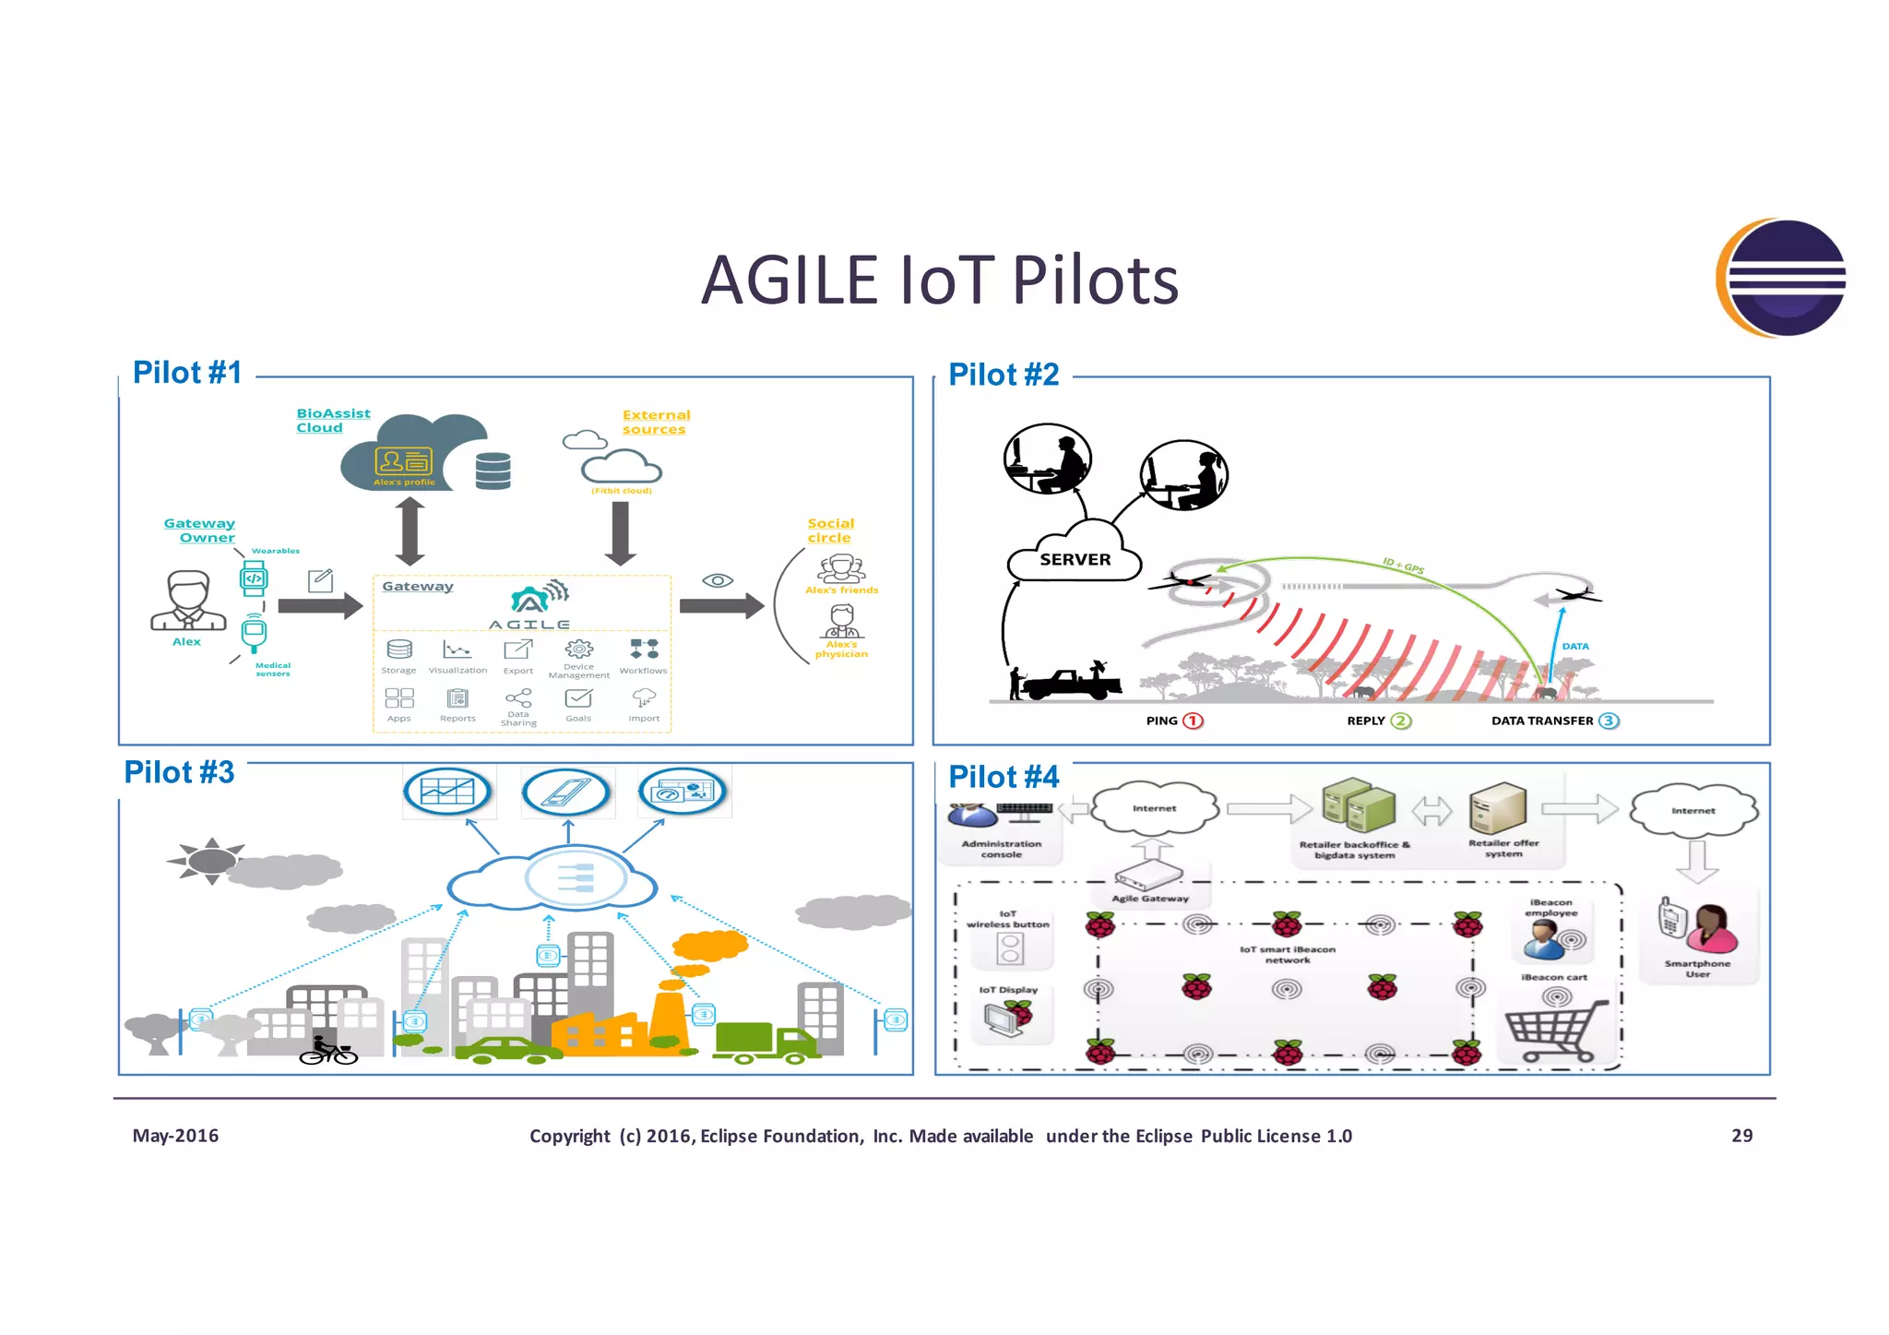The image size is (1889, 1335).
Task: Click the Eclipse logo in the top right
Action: [1782, 278]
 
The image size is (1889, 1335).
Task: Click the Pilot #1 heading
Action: [187, 373]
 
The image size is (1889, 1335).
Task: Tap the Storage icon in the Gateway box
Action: [399, 650]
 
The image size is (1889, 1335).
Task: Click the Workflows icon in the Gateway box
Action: [644, 649]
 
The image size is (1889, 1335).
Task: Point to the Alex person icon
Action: [188, 601]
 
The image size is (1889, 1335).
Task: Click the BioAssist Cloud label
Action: [332, 421]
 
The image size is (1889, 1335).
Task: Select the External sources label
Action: [655, 423]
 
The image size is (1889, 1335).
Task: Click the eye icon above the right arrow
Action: [718, 580]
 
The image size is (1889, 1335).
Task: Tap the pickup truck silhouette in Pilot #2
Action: [1070, 684]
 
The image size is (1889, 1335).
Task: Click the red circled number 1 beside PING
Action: [1193, 721]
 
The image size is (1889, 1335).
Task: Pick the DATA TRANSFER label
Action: [1541, 721]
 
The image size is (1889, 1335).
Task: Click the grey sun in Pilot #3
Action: [210, 861]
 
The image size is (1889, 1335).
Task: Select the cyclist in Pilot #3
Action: [327, 1051]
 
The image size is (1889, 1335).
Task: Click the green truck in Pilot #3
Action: [765, 1042]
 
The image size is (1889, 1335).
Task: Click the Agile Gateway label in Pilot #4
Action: [1150, 898]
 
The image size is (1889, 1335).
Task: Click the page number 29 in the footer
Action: [1741, 1136]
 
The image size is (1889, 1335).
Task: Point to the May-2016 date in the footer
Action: [175, 1136]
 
